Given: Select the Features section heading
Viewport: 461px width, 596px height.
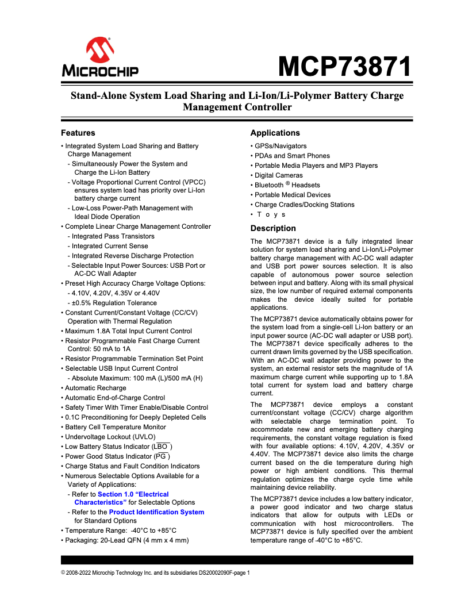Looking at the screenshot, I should click(78, 133).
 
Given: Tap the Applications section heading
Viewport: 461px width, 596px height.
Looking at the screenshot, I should click(275, 133).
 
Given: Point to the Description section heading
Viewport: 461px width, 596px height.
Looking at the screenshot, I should click(273, 228).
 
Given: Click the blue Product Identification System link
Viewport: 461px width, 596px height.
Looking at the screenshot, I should click(156, 512).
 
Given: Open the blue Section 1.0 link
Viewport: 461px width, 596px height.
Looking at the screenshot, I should click(133, 494).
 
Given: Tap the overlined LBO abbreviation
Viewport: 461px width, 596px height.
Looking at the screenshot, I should click(162, 447).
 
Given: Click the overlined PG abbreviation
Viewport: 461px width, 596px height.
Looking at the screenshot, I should click(162, 456).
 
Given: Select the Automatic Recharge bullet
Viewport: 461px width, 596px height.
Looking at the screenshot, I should click(95, 388).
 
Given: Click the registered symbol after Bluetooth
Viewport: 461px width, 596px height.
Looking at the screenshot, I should click(287, 183).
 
